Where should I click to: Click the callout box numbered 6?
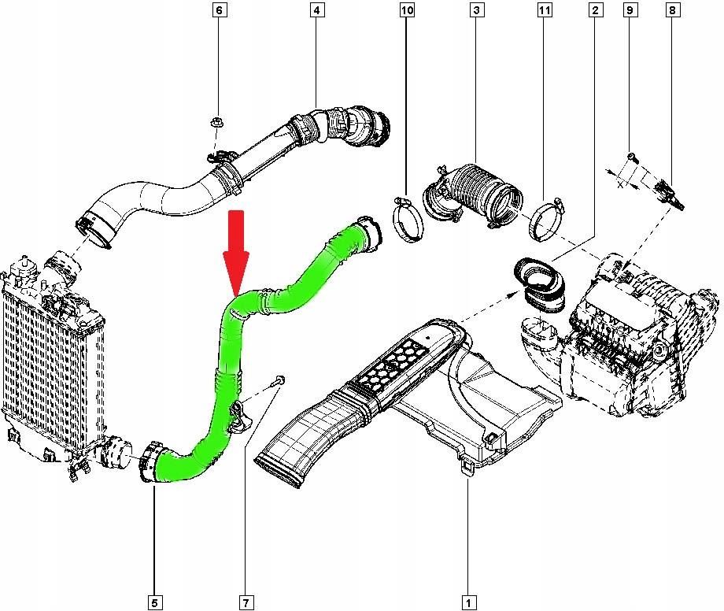coord(219,10)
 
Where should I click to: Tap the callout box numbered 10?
coord(406,10)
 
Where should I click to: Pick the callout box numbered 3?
coord(476,10)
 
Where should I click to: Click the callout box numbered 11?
coord(545,10)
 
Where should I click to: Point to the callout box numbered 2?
coord(596,10)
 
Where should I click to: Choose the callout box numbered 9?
coord(630,10)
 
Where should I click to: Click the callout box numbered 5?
coord(155,602)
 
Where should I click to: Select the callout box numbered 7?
coord(246,602)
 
